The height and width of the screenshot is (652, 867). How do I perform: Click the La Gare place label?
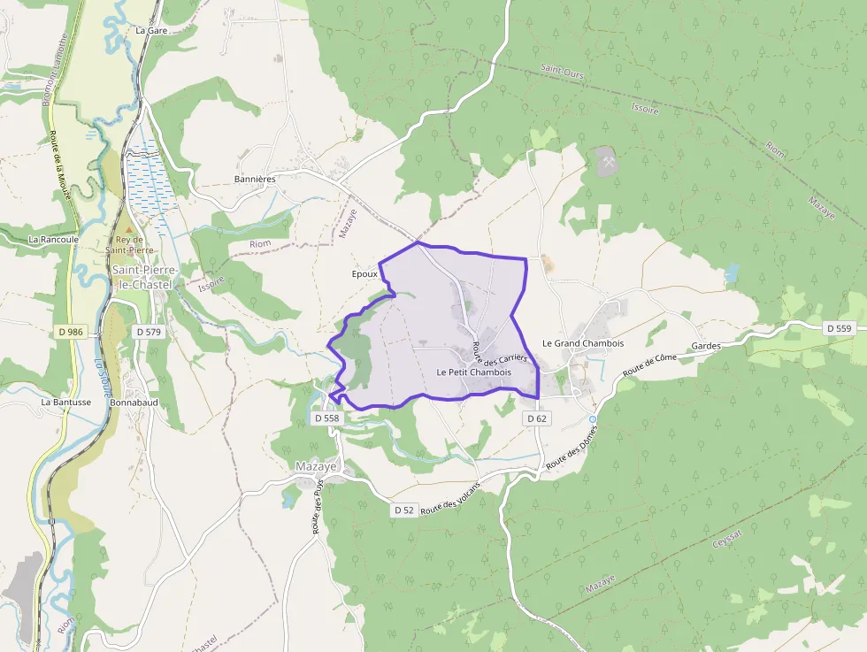151,30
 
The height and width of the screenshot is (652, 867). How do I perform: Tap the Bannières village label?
255,179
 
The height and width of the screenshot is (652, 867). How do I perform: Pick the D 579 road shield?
149,332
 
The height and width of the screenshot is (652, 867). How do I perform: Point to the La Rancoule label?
54,239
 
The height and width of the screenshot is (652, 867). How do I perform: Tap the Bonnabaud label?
134,402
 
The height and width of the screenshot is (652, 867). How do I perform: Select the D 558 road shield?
326,418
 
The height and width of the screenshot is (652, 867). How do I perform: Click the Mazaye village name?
316,466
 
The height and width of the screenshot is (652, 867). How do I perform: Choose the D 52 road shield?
403,510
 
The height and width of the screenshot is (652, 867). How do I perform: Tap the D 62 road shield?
536,418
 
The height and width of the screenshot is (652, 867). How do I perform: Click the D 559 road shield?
839,328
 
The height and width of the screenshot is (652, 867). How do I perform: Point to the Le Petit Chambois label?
474,372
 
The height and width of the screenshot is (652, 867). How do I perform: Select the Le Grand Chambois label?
583,343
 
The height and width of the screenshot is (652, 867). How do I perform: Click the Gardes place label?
707,346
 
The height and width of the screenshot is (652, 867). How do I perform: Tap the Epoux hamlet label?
364,274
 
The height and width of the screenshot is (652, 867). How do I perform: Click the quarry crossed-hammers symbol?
609,160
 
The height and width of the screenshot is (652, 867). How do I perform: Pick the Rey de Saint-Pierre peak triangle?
128,229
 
